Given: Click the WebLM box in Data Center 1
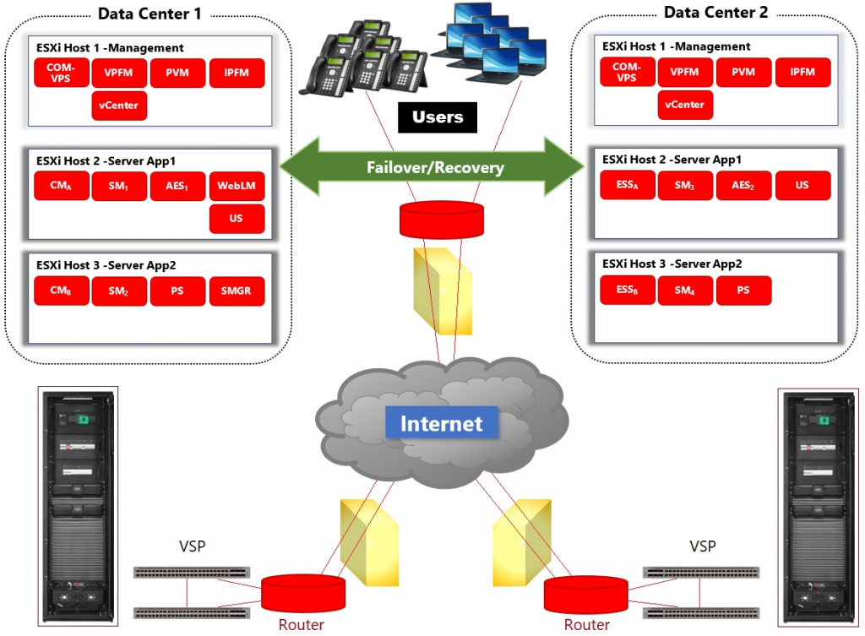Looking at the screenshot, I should tap(237, 186).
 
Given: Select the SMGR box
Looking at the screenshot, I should tap(237, 291).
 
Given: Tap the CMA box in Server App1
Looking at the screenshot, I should tap(62, 186).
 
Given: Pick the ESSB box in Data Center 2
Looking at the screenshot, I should tap(627, 291).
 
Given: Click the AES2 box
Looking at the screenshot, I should tap(743, 186).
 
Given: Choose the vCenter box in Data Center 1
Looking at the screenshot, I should tap(119, 106).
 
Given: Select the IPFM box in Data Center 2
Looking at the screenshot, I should tap(802, 73).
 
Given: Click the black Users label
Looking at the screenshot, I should tap(438, 117).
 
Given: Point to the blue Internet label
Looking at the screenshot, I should tap(441, 423).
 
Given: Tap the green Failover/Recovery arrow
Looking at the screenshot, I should tap(432, 166).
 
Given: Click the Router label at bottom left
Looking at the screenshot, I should tap(301, 624).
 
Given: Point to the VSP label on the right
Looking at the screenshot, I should tap(702, 546).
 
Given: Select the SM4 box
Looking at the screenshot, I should tap(685, 291).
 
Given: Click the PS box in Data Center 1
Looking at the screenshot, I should tap(178, 291).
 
